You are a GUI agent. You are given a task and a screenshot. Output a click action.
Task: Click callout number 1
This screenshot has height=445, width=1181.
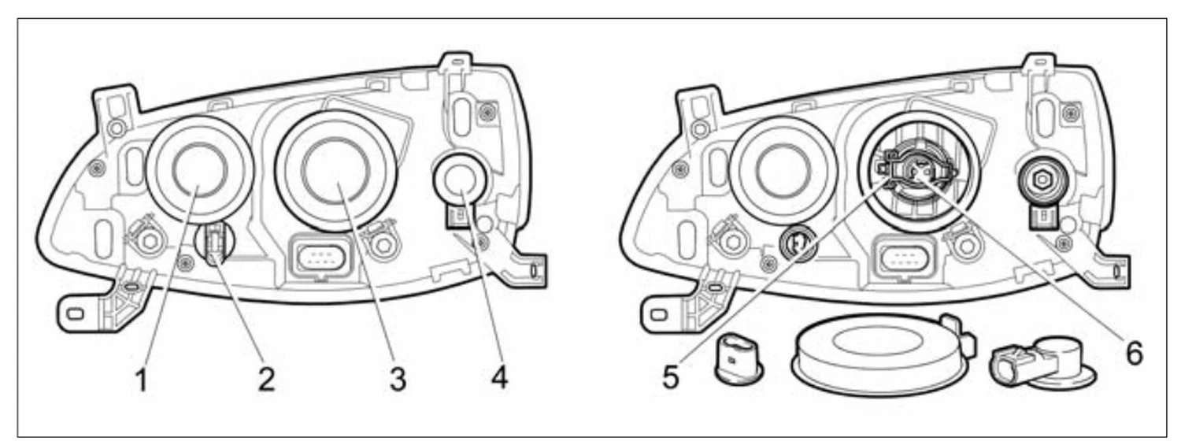tap(141, 380)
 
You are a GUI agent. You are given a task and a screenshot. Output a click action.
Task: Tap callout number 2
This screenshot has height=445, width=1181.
tap(266, 380)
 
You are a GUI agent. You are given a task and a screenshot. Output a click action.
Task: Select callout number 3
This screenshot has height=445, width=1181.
tap(398, 380)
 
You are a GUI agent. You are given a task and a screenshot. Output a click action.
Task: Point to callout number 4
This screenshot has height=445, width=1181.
tap(498, 376)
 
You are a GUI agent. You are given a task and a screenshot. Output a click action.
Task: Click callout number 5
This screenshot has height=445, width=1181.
tap(671, 376)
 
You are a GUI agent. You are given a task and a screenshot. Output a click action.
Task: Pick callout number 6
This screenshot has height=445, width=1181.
tap(1135, 353)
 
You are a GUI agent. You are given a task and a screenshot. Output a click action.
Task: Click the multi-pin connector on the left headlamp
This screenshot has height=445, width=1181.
tap(322, 257)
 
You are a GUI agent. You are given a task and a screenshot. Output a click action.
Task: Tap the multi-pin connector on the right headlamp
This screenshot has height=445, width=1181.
tap(905, 257)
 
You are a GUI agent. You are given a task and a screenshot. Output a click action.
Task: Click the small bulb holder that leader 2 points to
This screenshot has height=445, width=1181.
tap(215, 243)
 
